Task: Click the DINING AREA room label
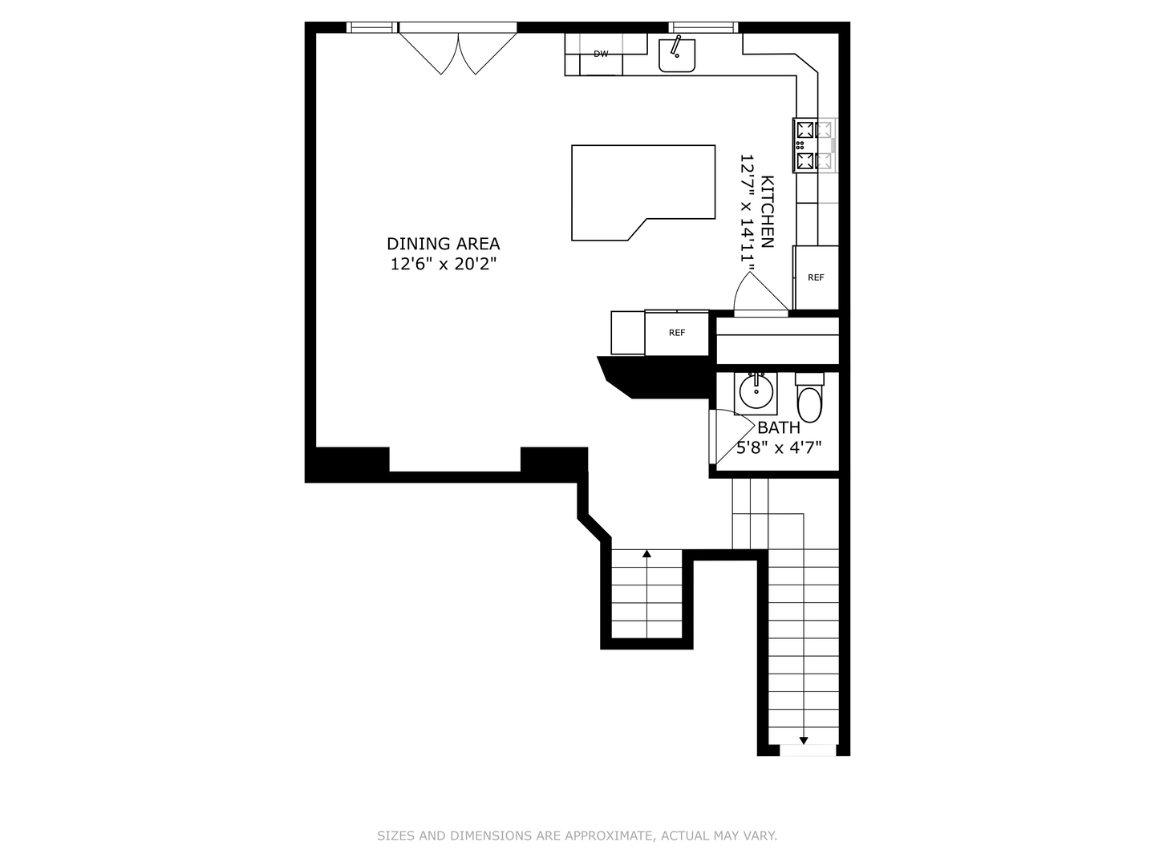coord(443,244)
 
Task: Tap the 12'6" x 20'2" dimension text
coord(444,265)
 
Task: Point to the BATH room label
coord(779,427)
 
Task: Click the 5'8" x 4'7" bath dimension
coord(779,447)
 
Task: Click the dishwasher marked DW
coord(601,55)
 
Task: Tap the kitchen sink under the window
coord(677,55)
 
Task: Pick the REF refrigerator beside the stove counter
coord(816,277)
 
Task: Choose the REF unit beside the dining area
coord(677,333)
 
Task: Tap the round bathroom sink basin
coord(756,393)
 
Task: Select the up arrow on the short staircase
coord(646,553)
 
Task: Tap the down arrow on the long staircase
coord(804,739)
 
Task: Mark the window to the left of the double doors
coord(372,28)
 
